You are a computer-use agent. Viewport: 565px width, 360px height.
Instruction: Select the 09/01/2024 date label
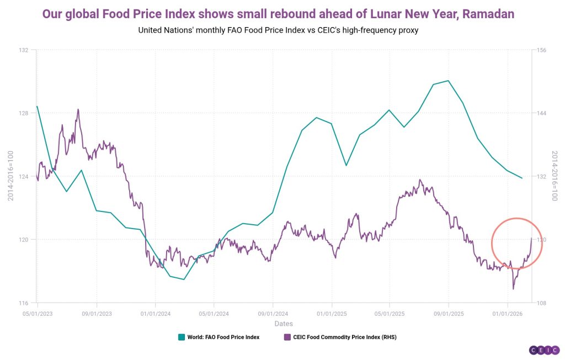point(273,313)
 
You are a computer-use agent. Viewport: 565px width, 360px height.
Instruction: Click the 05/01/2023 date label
point(38,313)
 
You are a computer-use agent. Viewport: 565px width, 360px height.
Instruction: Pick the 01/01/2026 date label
point(508,313)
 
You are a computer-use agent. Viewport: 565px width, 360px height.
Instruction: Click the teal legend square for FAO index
point(181,337)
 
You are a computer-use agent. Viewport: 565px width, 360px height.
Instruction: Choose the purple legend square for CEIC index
point(287,337)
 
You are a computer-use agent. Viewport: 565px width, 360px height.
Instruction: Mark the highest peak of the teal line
point(449,81)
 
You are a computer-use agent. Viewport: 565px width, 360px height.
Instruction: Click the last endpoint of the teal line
point(522,178)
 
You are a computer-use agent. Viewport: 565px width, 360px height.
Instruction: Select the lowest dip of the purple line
point(513,289)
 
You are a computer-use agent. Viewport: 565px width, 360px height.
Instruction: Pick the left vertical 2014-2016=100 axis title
point(10,177)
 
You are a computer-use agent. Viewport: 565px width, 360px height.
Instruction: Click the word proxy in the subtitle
point(407,30)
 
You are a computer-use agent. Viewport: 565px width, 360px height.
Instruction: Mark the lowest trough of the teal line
point(184,279)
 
